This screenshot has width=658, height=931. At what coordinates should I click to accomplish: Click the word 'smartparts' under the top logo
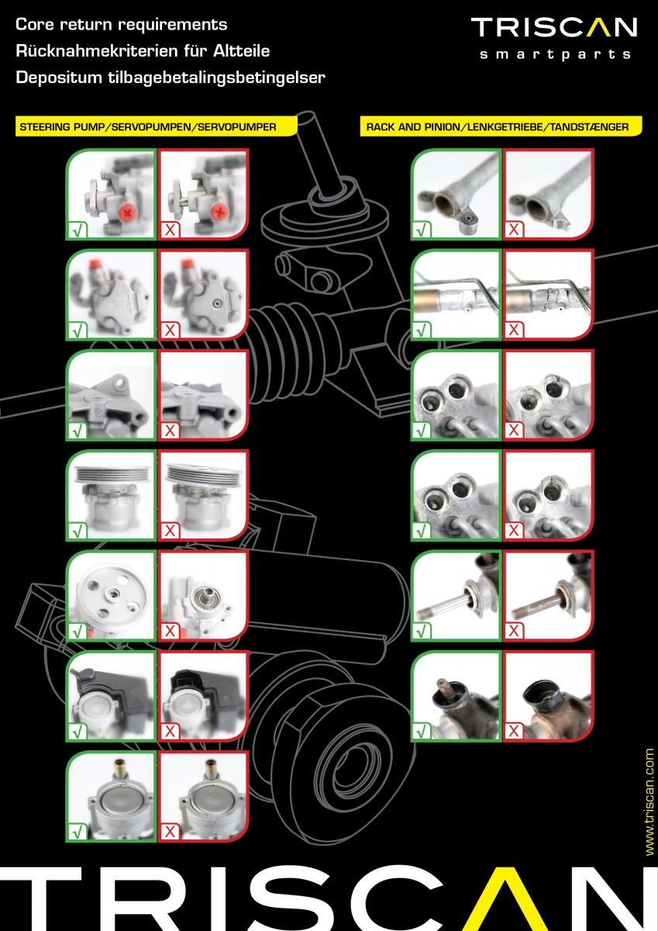pos(555,55)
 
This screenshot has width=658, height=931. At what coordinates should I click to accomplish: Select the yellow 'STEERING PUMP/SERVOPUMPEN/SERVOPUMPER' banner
pos(156,126)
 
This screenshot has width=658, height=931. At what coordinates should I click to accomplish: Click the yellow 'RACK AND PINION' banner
pos(501,126)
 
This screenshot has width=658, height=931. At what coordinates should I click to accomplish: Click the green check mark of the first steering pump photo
pos(78,230)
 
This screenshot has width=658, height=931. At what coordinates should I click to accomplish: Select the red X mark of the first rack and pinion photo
pos(514,230)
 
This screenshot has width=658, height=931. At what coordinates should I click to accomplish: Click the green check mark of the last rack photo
pos(422,732)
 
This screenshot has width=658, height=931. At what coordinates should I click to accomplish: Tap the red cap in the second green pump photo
pos(96,264)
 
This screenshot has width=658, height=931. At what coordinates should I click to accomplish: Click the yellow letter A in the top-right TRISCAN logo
pos(602,27)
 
